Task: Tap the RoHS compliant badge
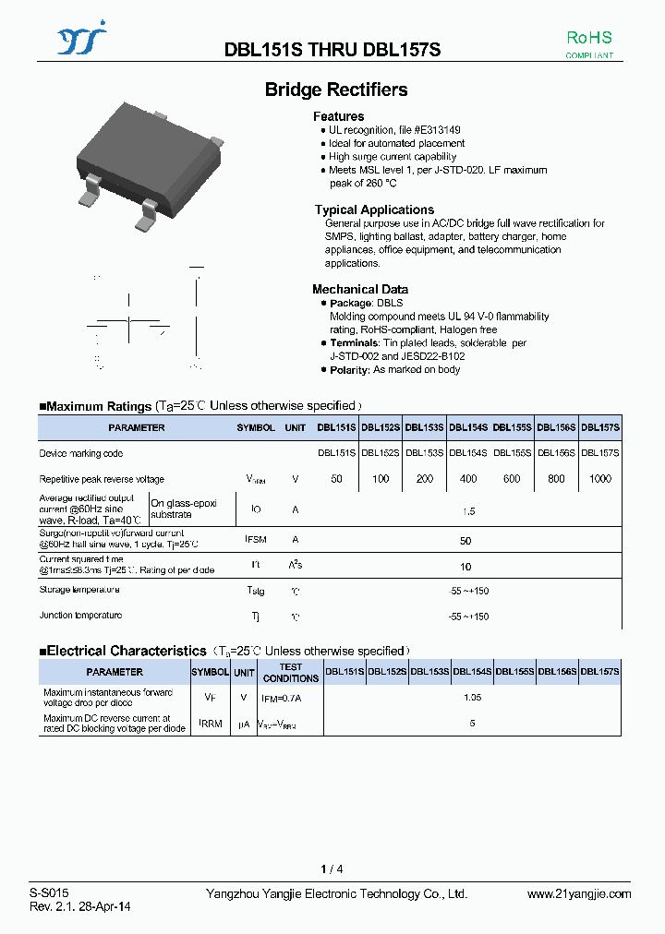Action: tap(589, 43)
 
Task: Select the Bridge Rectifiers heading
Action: tap(336, 90)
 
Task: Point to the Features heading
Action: tap(339, 116)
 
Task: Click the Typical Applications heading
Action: tap(374, 210)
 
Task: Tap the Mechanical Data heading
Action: tap(360, 289)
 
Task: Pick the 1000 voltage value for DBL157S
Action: tap(600, 479)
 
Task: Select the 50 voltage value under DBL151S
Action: tap(336, 479)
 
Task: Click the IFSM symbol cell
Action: tap(256, 540)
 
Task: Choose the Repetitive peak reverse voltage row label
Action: tap(102, 479)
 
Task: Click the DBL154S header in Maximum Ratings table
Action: tap(469, 427)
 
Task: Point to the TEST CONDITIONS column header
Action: tap(291, 673)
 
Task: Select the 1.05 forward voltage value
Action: tap(472, 698)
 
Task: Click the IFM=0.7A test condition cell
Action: tap(282, 698)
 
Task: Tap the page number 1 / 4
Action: tap(332, 868)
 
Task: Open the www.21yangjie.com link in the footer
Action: tap(579, 893)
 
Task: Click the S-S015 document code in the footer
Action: tap(48, 893)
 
